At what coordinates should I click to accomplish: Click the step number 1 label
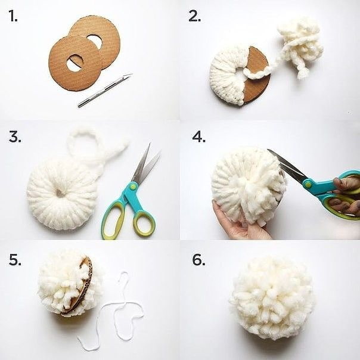13,17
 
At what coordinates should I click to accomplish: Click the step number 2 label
194,17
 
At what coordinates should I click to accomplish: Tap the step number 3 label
15,137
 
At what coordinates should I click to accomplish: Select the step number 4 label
198,137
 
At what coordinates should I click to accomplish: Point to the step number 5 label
15,259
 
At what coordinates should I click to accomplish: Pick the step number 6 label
198,259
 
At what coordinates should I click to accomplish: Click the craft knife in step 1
105,91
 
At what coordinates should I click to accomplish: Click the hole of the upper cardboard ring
94,41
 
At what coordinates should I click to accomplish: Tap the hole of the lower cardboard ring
75,62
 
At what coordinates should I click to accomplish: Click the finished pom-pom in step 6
272,298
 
